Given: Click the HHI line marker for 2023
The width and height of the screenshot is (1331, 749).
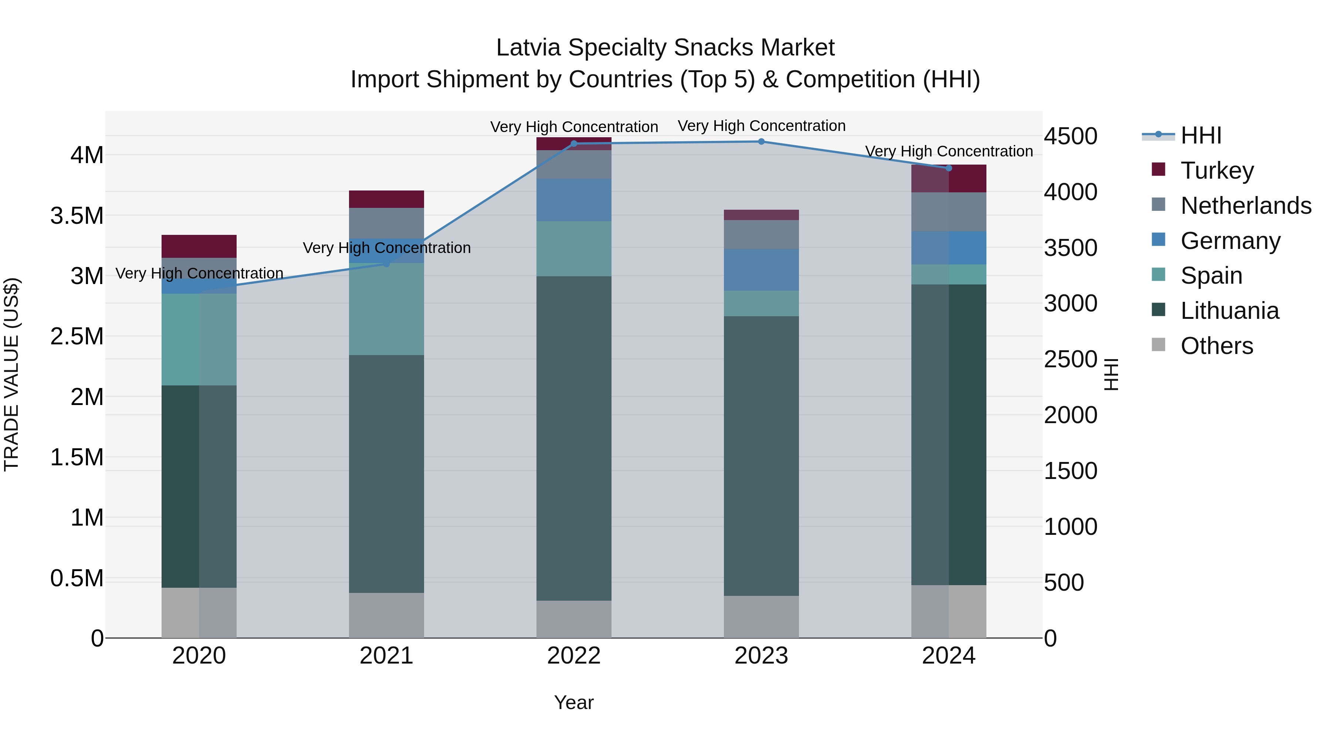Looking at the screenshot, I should [x=761, y=142].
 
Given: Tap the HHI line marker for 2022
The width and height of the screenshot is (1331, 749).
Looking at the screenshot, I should [x=573, y=144].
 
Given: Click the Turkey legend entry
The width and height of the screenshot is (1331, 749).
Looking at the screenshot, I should [x=1217, y=171].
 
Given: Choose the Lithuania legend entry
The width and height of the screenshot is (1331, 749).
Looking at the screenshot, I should [x=1229, y=311].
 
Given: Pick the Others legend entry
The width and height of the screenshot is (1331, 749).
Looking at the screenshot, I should [x=1216, y=346].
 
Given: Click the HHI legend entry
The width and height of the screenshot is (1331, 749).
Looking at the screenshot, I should [x=1201, y=135].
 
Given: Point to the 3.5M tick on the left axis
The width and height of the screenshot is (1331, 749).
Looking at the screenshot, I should [x=77, y=216].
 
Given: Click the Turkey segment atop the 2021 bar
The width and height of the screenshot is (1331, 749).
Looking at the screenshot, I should [x=386, y=199].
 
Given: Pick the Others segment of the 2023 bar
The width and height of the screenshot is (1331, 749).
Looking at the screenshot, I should [x=761, y=617].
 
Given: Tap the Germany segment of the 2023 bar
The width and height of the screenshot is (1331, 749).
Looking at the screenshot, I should [x=761, y=270].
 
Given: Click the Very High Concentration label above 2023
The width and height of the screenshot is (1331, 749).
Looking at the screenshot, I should [x=761, y=126].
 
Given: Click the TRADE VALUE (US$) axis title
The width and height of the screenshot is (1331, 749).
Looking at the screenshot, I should [x=11, y=374].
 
